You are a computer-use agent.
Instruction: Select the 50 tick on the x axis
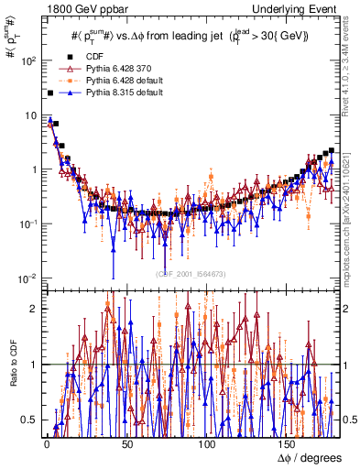[126, 443]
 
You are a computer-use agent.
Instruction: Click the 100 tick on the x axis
[207, 443]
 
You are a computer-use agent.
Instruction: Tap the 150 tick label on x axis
[288, 443]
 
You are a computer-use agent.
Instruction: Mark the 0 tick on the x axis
[46, 443]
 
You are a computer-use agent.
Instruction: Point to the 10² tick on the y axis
[28, 61]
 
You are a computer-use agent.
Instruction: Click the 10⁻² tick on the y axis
[28, 278]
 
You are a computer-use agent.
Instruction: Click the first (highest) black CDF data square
[49, 93]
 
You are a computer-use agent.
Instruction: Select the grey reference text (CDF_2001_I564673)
[191, 274]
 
